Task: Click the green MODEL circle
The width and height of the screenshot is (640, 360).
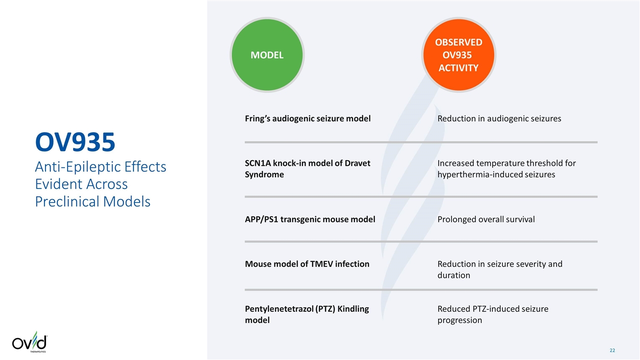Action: click(x=267, y=55)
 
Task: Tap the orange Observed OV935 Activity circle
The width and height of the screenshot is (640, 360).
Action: click(x=458, y=55)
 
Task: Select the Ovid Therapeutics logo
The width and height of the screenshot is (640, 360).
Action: click(x=29, y=343)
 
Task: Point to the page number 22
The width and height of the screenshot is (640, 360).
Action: click(x=612, y=350)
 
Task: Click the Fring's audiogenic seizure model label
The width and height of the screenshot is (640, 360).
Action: click(x=307, y=118)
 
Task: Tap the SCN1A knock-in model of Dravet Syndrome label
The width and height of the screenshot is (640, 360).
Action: click(x=307, y=169)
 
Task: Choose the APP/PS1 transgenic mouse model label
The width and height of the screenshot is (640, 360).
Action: click(x=310, y=219)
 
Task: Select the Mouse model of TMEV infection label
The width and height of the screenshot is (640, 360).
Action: click(x=307, y=263)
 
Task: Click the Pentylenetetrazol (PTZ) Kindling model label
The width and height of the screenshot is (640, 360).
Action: click(x=307, y=314)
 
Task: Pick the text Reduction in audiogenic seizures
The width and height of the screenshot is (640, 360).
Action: click(x=499, y=118)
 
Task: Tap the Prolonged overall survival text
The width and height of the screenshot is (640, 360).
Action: click(x=486, y=219)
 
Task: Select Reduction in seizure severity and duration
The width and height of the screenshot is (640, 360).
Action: click(x=499, y=269)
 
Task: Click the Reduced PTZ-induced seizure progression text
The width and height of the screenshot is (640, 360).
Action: click(x=492, y=314)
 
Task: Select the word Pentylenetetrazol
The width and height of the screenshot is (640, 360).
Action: click(x=279, y=308)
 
